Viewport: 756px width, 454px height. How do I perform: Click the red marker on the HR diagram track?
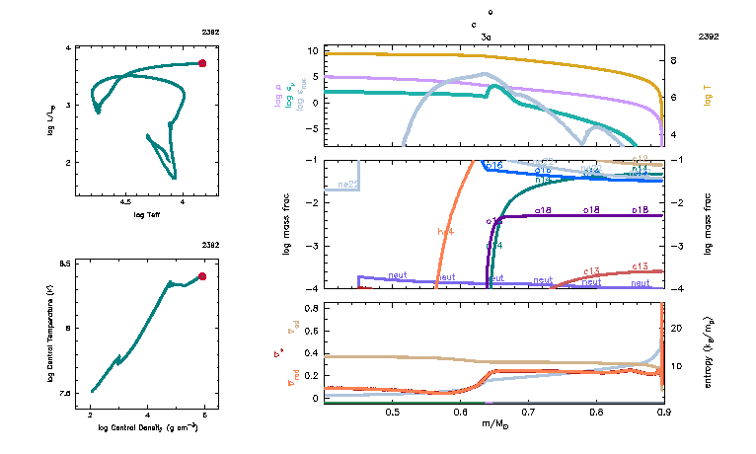pos(202,63)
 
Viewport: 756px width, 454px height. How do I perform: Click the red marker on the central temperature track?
pos(202,276)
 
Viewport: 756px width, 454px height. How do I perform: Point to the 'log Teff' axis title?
pos(147,214)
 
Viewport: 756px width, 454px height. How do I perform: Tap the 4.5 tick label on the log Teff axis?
pos(126,200)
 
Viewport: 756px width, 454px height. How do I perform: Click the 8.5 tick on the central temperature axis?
pos(65,264)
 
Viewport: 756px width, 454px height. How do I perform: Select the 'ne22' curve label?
pos(347,185)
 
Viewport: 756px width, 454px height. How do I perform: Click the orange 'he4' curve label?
pos(445,231)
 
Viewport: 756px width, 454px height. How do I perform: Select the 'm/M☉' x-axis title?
pos(493,424)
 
